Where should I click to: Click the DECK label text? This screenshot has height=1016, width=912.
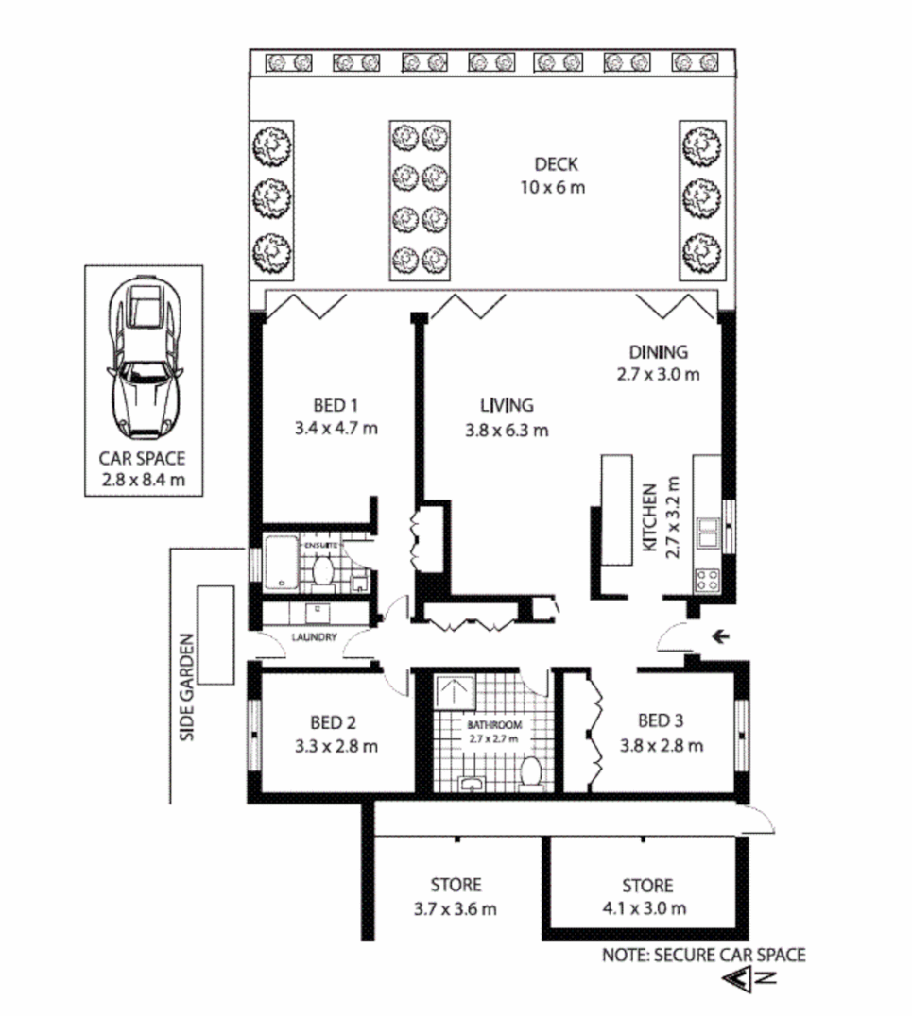pos(552,162)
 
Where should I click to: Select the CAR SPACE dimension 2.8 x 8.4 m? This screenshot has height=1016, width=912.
pos(143,481)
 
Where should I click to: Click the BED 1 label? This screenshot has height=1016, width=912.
pos(336,406)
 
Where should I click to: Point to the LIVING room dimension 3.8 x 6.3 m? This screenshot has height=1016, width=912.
pos(507,431)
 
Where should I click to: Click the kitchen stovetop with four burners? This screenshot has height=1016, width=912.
pos(707,579)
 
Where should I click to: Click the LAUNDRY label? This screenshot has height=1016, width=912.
pos(315,637)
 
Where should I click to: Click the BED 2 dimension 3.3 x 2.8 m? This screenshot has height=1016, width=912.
pos(336,746)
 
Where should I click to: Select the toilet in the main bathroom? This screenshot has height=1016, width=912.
pos(530,771)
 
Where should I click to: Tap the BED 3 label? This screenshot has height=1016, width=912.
pos(661,722)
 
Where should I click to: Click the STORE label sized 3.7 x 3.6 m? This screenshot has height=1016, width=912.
pos(456,885)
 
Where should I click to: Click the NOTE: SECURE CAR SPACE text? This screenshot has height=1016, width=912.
pos(704,955)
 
